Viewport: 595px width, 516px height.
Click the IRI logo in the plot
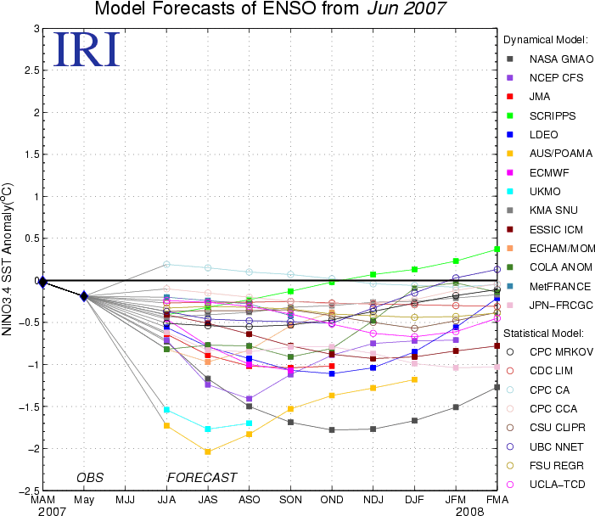point(87,49)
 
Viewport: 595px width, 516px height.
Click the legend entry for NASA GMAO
point(550,59)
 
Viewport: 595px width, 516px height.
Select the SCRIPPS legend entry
point(542,115)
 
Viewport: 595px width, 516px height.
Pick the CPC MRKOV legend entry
point(550,352)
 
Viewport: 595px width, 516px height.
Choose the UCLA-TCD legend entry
point(547,485)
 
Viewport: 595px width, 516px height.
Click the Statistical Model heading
point(543,334)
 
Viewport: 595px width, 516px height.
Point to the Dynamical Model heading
point(546,40)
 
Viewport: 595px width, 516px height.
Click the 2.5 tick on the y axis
point(32,70)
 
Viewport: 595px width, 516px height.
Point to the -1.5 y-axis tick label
point(29,407)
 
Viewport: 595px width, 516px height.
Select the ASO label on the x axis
point(250,500)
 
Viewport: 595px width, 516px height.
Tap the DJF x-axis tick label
point(414,500)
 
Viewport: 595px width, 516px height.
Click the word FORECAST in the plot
point(202,477)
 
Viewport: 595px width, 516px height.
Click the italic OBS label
point(90,477)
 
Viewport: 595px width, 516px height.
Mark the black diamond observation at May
point(84,296)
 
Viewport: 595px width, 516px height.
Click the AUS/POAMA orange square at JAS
point(208,451)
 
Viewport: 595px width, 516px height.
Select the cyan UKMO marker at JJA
point(166,410)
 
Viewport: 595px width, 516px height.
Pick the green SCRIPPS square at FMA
point(497,250)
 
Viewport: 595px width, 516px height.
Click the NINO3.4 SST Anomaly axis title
point(7,260)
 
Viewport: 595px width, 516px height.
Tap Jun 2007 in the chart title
point(407,8)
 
